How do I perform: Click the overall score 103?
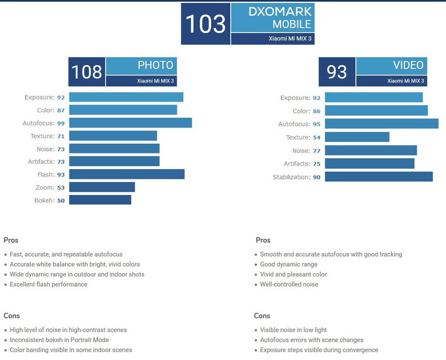click(205, 24)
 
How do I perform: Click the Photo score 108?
click(86, 72)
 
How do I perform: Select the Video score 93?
click(337, 72)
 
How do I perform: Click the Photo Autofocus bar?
click(130, 123)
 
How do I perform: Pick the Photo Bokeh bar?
click(100, 200)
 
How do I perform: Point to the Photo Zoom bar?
click(102, 187)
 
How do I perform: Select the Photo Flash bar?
click(126, 174)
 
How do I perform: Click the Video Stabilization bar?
click(378, 176)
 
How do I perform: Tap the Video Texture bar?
click(357, 137)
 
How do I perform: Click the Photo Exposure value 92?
click(60, 97)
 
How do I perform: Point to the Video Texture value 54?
click(317, 138)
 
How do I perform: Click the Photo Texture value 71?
click(60, 136)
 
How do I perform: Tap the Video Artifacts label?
click(296, 164)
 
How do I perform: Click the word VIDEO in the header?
click(408, 65)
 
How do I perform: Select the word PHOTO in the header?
click(155, 65)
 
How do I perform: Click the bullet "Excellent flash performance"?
click(48, 284)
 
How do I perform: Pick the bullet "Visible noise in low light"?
click(293, 330)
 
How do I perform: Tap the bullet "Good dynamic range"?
click(288, 265)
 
